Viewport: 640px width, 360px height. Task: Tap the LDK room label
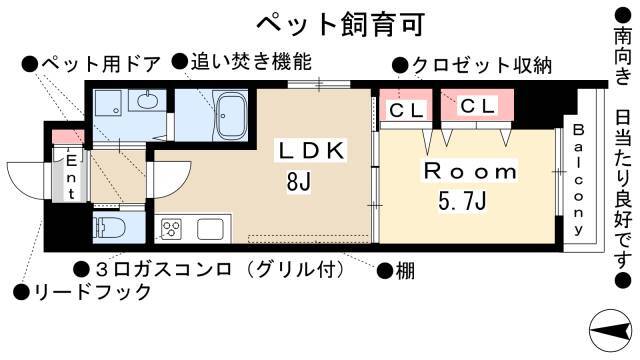(311, 151)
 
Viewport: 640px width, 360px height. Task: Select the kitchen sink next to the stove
(211, 229)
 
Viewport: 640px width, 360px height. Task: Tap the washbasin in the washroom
(148, 102)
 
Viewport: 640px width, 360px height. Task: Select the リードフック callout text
(90, 292)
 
